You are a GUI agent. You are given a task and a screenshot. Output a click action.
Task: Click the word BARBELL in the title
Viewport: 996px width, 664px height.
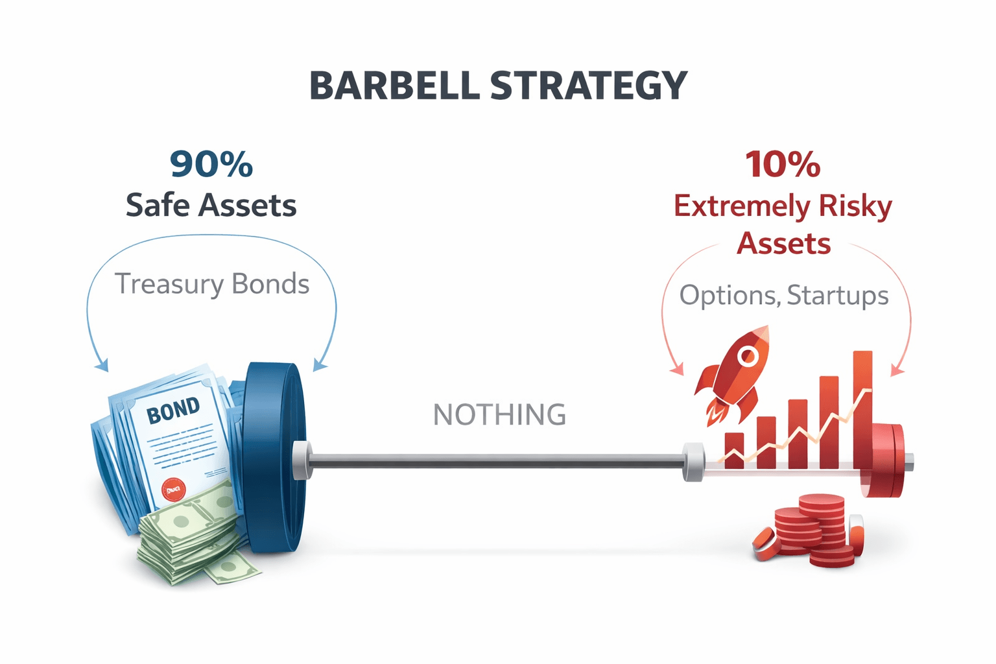click(x=395, y=86)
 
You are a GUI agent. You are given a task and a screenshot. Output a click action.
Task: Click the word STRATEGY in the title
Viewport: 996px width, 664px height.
click(x=589, y=86)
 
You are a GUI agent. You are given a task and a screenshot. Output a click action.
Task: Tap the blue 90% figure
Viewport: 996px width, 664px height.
click(x=211, y=165)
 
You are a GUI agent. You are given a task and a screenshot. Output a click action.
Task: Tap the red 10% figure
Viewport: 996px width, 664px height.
click(x=783, y=165)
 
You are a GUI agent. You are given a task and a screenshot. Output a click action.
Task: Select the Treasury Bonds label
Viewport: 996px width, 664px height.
click(x=211, y=285)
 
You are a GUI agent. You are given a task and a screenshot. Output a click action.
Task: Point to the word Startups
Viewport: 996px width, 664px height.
click(x=838, y=295)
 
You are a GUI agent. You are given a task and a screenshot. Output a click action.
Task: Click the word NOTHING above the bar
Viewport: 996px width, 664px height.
click(x=499, y=414)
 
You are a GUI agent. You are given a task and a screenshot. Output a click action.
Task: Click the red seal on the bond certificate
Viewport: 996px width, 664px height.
click(x=173, y=490)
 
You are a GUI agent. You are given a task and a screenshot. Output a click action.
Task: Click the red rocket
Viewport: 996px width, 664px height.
click(x=732, y=376)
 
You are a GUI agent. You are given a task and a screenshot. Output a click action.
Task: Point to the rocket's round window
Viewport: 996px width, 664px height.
click(x=748, y=356)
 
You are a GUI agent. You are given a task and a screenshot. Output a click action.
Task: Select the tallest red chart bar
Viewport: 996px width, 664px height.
click(x=862, y=409)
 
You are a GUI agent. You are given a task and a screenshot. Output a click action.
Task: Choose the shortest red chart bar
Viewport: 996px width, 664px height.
click(x=734, y=450)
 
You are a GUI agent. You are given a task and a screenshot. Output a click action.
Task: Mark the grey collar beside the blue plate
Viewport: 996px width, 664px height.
click(x=302, y=460)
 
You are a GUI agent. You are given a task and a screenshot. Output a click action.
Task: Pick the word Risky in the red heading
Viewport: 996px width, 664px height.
click(x=855, y=207)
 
